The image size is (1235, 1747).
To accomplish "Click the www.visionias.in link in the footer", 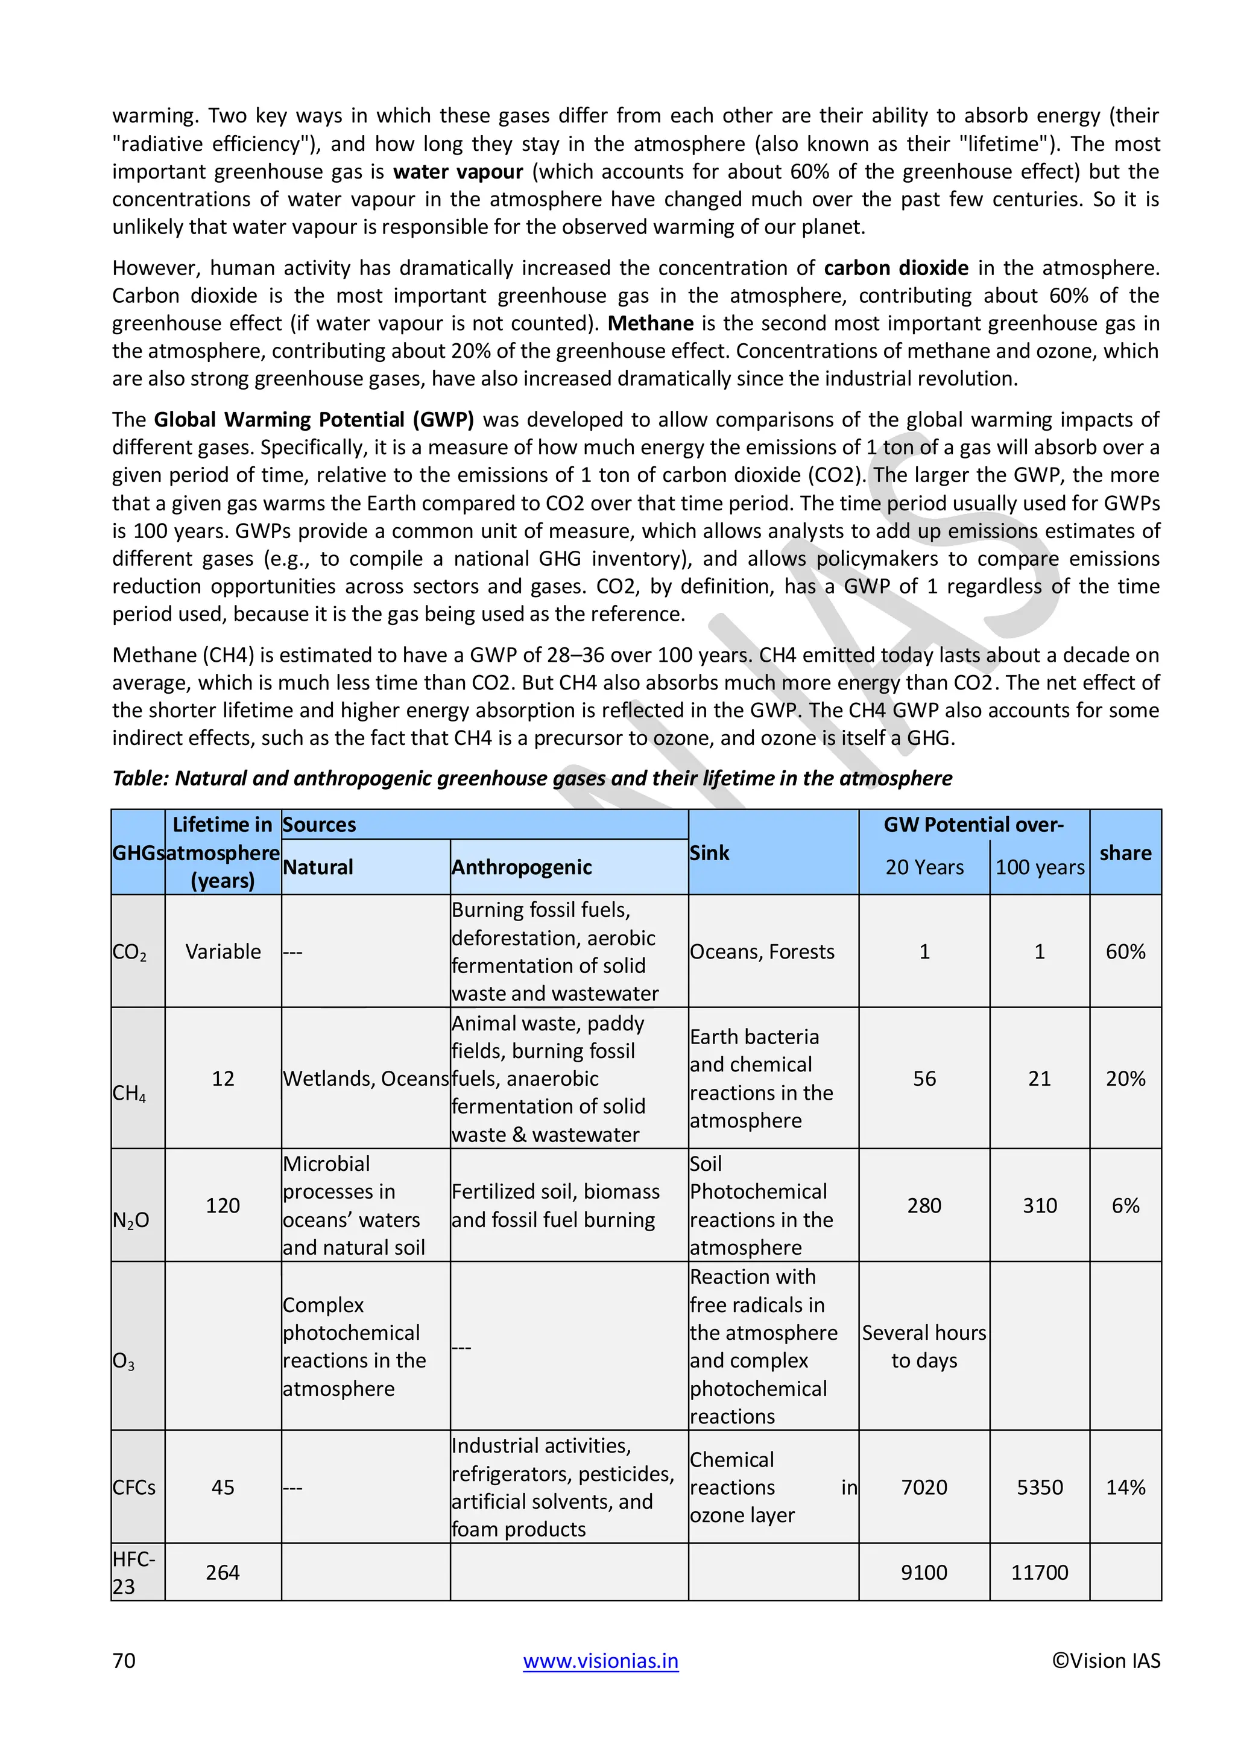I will [600, 1660].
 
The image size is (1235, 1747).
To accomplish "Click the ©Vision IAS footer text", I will [1106, 1660].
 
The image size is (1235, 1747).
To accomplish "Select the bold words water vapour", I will [458, 172].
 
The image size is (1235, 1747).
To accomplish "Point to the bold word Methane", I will [650, 323].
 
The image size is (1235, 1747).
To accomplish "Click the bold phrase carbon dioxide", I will [896, 268].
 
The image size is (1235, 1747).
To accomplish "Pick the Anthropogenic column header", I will [521, 867].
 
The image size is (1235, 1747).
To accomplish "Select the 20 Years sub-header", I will [924, 867].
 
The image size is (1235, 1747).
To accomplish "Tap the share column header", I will [1125, 853].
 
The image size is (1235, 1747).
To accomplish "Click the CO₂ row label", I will [129, 952].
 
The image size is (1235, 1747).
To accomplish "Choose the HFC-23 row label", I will [134, 1573].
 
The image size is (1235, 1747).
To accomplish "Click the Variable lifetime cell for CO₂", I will [223, 952].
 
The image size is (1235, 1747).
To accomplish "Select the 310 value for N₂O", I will [1039, 1205].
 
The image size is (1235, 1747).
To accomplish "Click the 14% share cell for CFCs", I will [1125, 1487].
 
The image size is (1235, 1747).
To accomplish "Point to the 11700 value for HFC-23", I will [1039, 1573].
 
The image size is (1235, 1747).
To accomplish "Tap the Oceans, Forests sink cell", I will [762, 952].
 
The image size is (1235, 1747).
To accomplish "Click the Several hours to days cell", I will [924, 1347].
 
